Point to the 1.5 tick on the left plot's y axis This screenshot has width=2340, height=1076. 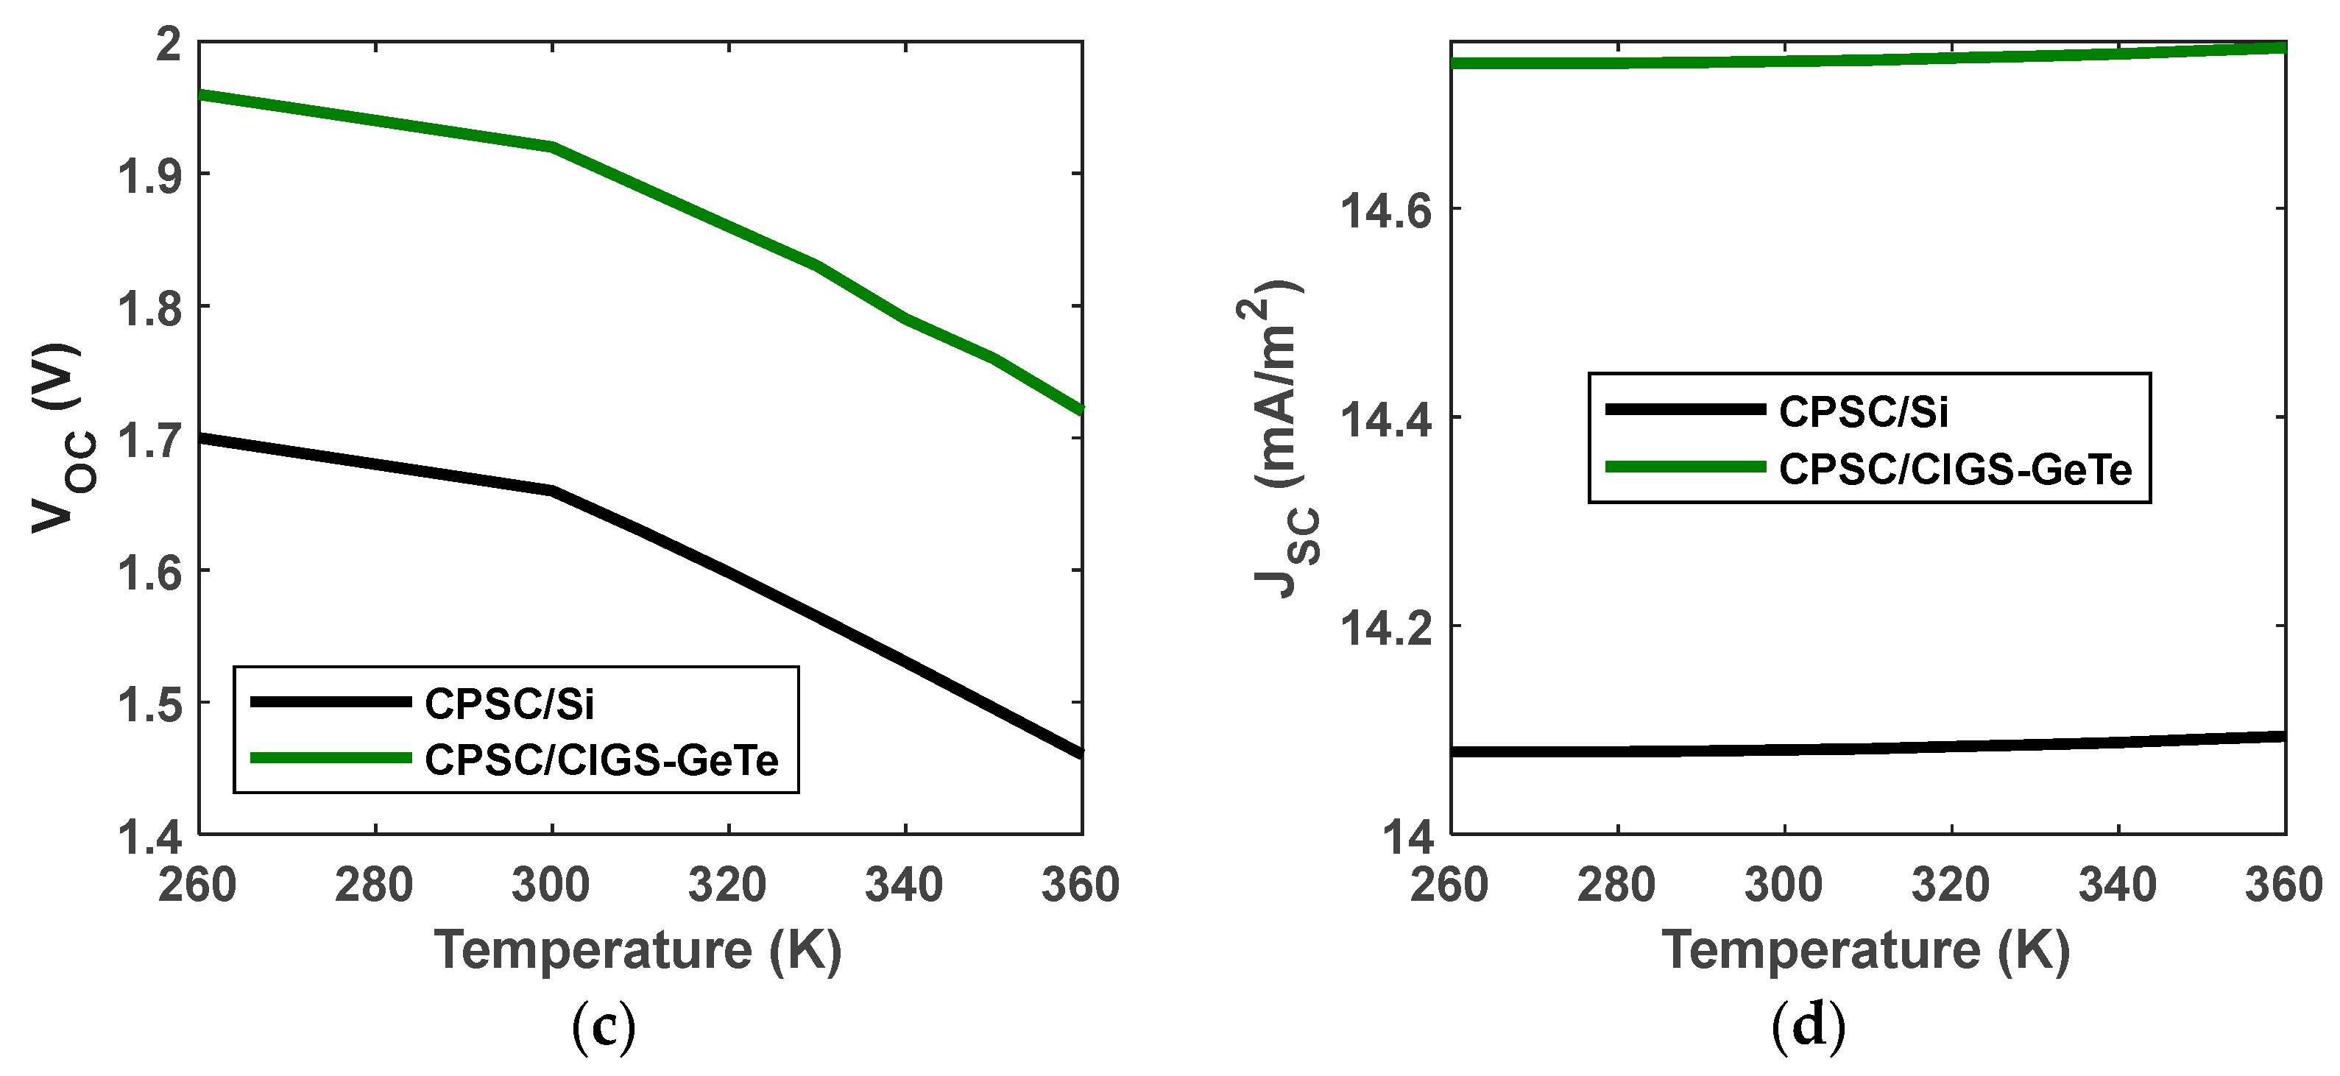[150, 704]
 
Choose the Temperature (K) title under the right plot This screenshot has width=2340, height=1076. [1866, 951]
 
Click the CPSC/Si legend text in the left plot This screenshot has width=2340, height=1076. [509, 704]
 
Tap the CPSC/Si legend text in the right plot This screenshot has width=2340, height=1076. [1863, 411]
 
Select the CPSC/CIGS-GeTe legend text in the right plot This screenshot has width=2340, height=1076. [1955, 470]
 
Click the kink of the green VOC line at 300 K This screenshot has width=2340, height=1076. [552, 147]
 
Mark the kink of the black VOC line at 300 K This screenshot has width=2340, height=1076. [552, 491]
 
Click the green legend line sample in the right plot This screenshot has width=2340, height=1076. [1685, 467]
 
